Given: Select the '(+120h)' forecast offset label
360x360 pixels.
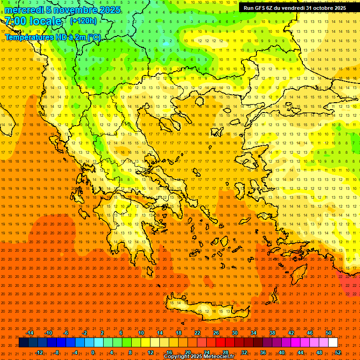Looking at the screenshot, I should [83, 21].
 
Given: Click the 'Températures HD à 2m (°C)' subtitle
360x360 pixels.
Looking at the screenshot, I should [52, 37].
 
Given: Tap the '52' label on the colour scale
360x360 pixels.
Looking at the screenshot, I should [338, 352].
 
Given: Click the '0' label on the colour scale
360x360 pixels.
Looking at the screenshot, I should [93, 352].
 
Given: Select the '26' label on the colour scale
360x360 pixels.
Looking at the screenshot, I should [216, 333].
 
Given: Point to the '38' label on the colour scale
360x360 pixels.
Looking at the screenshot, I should [272, 333].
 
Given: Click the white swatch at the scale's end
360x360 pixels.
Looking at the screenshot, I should [333, 342].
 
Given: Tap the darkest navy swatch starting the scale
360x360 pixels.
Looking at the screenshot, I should [24, 342].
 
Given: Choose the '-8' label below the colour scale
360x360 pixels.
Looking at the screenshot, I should [56, 352].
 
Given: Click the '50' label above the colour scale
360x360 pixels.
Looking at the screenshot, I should [329, 333].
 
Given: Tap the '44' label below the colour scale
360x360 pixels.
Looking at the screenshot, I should [300, 352].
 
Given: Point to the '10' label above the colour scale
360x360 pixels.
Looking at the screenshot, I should [141, 333].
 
